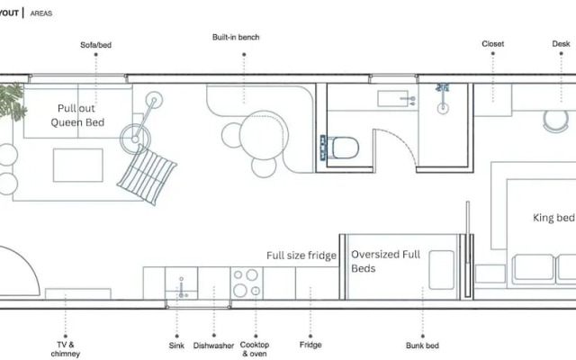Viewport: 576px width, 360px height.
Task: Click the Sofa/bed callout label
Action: point(96,45)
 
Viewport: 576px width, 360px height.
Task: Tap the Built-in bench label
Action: point(236,37)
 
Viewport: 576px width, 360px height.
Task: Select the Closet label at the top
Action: point(492,44)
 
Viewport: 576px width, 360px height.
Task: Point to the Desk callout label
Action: point(561,44)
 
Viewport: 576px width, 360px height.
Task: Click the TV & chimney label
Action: point(66,349)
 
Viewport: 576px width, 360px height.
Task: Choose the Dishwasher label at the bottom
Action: point(213,346)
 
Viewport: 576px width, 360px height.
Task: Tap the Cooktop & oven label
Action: point(255,349)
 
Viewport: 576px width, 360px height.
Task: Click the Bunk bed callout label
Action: point(422,346)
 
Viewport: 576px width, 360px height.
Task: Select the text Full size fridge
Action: point(301,256)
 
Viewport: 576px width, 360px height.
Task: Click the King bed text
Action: point(553,218)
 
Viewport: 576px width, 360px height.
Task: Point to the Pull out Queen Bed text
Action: point(77,115)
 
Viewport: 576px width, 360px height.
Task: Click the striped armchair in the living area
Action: point(147,175)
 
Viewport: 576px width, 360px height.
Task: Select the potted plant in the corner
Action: point(12,102)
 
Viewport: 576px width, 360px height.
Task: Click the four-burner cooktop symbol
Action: point(247,283)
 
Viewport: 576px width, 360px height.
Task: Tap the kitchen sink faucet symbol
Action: point(181,287)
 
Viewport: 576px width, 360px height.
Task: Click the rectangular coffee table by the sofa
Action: point(78,165)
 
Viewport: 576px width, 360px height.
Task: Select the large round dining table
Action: point(264,135)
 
